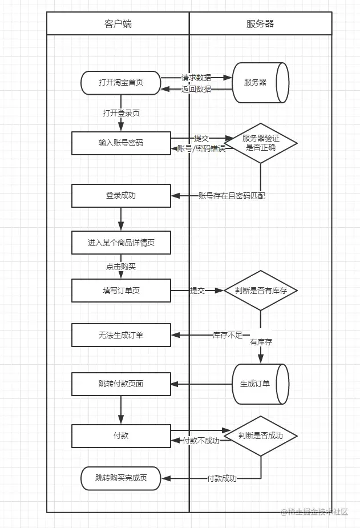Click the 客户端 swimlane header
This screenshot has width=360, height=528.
point(118,23)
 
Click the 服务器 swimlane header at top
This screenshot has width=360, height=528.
point(260,23)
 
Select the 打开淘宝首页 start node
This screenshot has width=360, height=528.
point(121,83)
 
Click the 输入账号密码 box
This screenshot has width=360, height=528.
point(121,143)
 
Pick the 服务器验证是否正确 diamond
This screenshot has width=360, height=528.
point(260,143)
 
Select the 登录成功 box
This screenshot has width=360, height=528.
point(121,195)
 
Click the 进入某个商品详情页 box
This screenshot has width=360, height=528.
point(121,243)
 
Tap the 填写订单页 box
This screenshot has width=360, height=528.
point(121,291)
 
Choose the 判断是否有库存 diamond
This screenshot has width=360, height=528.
point(260,291)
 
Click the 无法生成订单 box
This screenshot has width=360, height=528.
point(121,335)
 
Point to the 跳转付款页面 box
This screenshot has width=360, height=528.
point(121,384)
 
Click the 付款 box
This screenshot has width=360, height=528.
point(121,436)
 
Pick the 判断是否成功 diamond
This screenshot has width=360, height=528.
point(260,436)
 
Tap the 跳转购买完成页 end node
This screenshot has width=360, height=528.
point(121,478)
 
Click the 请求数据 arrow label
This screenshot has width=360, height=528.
point(196,78)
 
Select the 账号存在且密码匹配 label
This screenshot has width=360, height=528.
point(231,196)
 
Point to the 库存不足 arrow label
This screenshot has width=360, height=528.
point(228,334)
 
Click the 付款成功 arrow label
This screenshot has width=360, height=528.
point(221,478)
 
